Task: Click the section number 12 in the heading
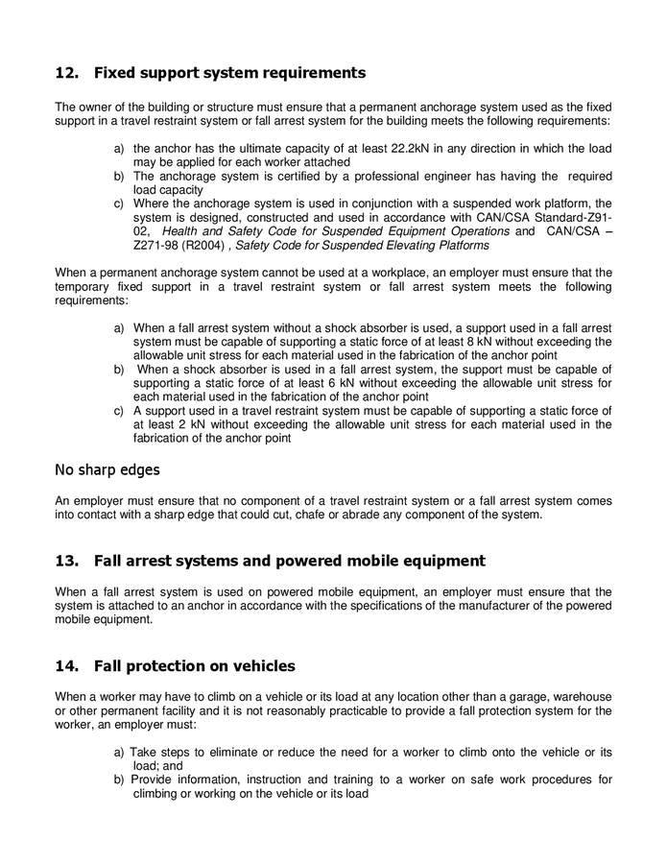(x=65, y=73)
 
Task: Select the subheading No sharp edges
(x=107, y=470)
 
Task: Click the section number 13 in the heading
(x=65, y=561)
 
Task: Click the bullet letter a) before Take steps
(x=120, y=753)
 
